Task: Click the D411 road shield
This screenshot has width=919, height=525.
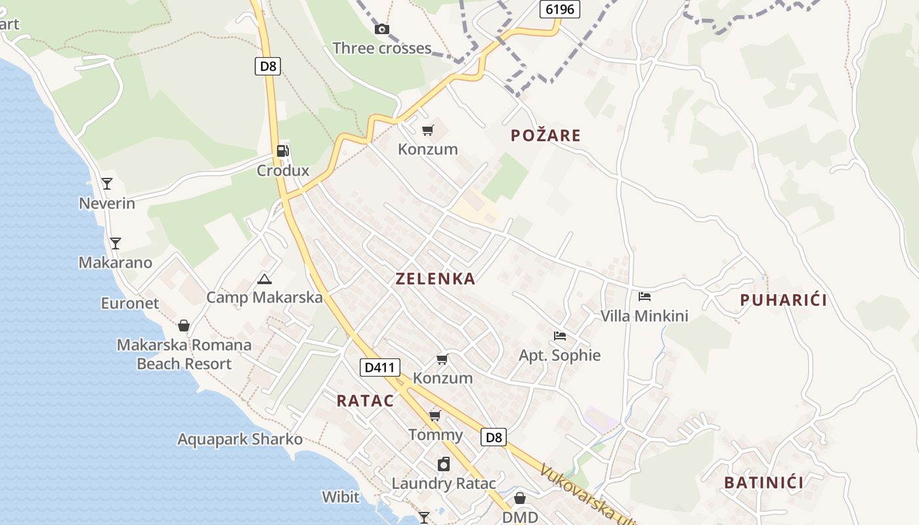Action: pyautogui.click(x=379, y=367)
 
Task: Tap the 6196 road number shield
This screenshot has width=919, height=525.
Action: pyautogui.click(x=560, y=9)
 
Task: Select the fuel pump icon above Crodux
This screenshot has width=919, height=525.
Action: pyautogui.click(x=282, y=151)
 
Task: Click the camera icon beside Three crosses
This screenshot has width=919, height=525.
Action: pyautogui.click(x=381, y=29)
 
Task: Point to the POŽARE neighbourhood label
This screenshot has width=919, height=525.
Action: pyautogui.click(x=546, y=136)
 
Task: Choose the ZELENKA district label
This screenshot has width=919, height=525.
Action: pyautogui.click(x=435, y=278)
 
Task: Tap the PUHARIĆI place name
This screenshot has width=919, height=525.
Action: pyautogui.click(x=783, y=300)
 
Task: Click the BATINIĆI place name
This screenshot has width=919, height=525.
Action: pyautogui.click(x=763, y=483)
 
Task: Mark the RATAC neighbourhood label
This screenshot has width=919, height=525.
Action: pyautogui.click(x=365, y=401)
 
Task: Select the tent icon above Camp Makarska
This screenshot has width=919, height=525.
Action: pyautogui.click(x=264, y=279)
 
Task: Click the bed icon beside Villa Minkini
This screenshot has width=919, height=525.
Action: pyautogui.click(x=645, y=297)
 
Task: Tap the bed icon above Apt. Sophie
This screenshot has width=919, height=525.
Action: pyautogui.click(x=559, y=336)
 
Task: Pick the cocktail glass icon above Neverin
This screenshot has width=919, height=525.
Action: pyautogui.click(x=107, y=184)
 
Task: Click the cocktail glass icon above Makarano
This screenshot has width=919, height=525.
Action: pyautogui.click(x=116, y=243)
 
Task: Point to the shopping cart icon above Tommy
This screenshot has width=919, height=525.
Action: pyautogui.click(x=435, y=415)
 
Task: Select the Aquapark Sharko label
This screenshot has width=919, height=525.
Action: pyautogui.click(x=240, y=439)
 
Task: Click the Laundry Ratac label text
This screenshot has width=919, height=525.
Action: pyautogui.click(x=444, y=484)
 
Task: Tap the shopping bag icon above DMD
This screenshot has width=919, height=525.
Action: pyautogui.click(x=519, y=498)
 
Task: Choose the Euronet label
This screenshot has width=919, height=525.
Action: pyautogui.click(x=130, y=303)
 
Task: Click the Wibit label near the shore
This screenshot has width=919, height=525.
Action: pyautogui.click(x=341, y=496)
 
